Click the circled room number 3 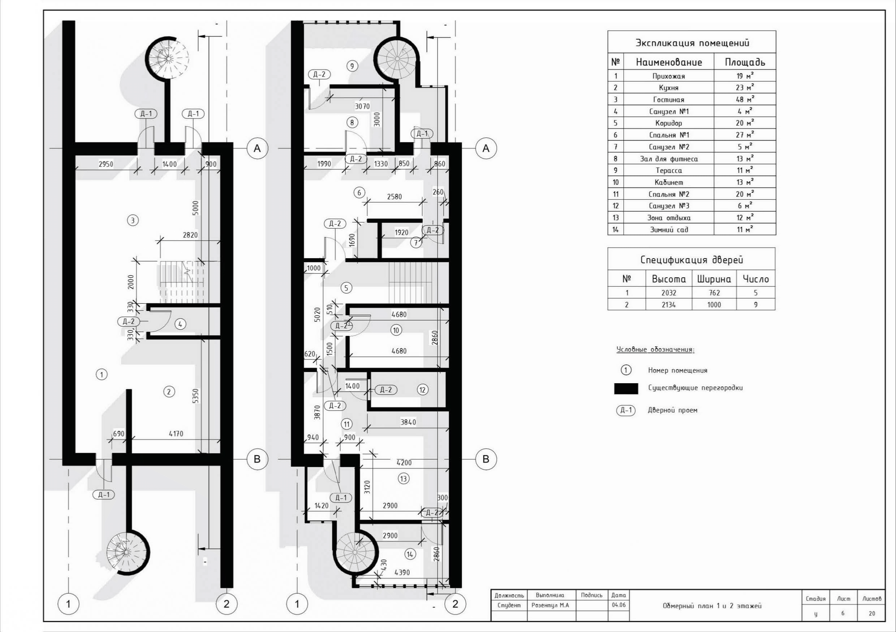tap(133, 220)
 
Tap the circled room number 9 tap(352, 66)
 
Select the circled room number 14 tap(410, 554)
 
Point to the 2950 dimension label tap(106, 164)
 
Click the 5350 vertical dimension tap(196, 396)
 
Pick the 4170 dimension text tap(176, 433)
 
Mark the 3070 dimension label tap(362, 106)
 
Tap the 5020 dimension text tap(317, 315)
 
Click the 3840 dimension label tap(408, 422)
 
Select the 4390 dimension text tap(402, 572)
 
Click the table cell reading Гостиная tap(668, 99)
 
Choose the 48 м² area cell tap(745, 99)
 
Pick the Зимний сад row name tap(668, 229)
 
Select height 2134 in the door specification tap(668, 305)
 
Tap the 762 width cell tap(714, 293)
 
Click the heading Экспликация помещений tap(692, 43)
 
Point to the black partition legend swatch tap(626, 389)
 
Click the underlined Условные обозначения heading tap(655, 350)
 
